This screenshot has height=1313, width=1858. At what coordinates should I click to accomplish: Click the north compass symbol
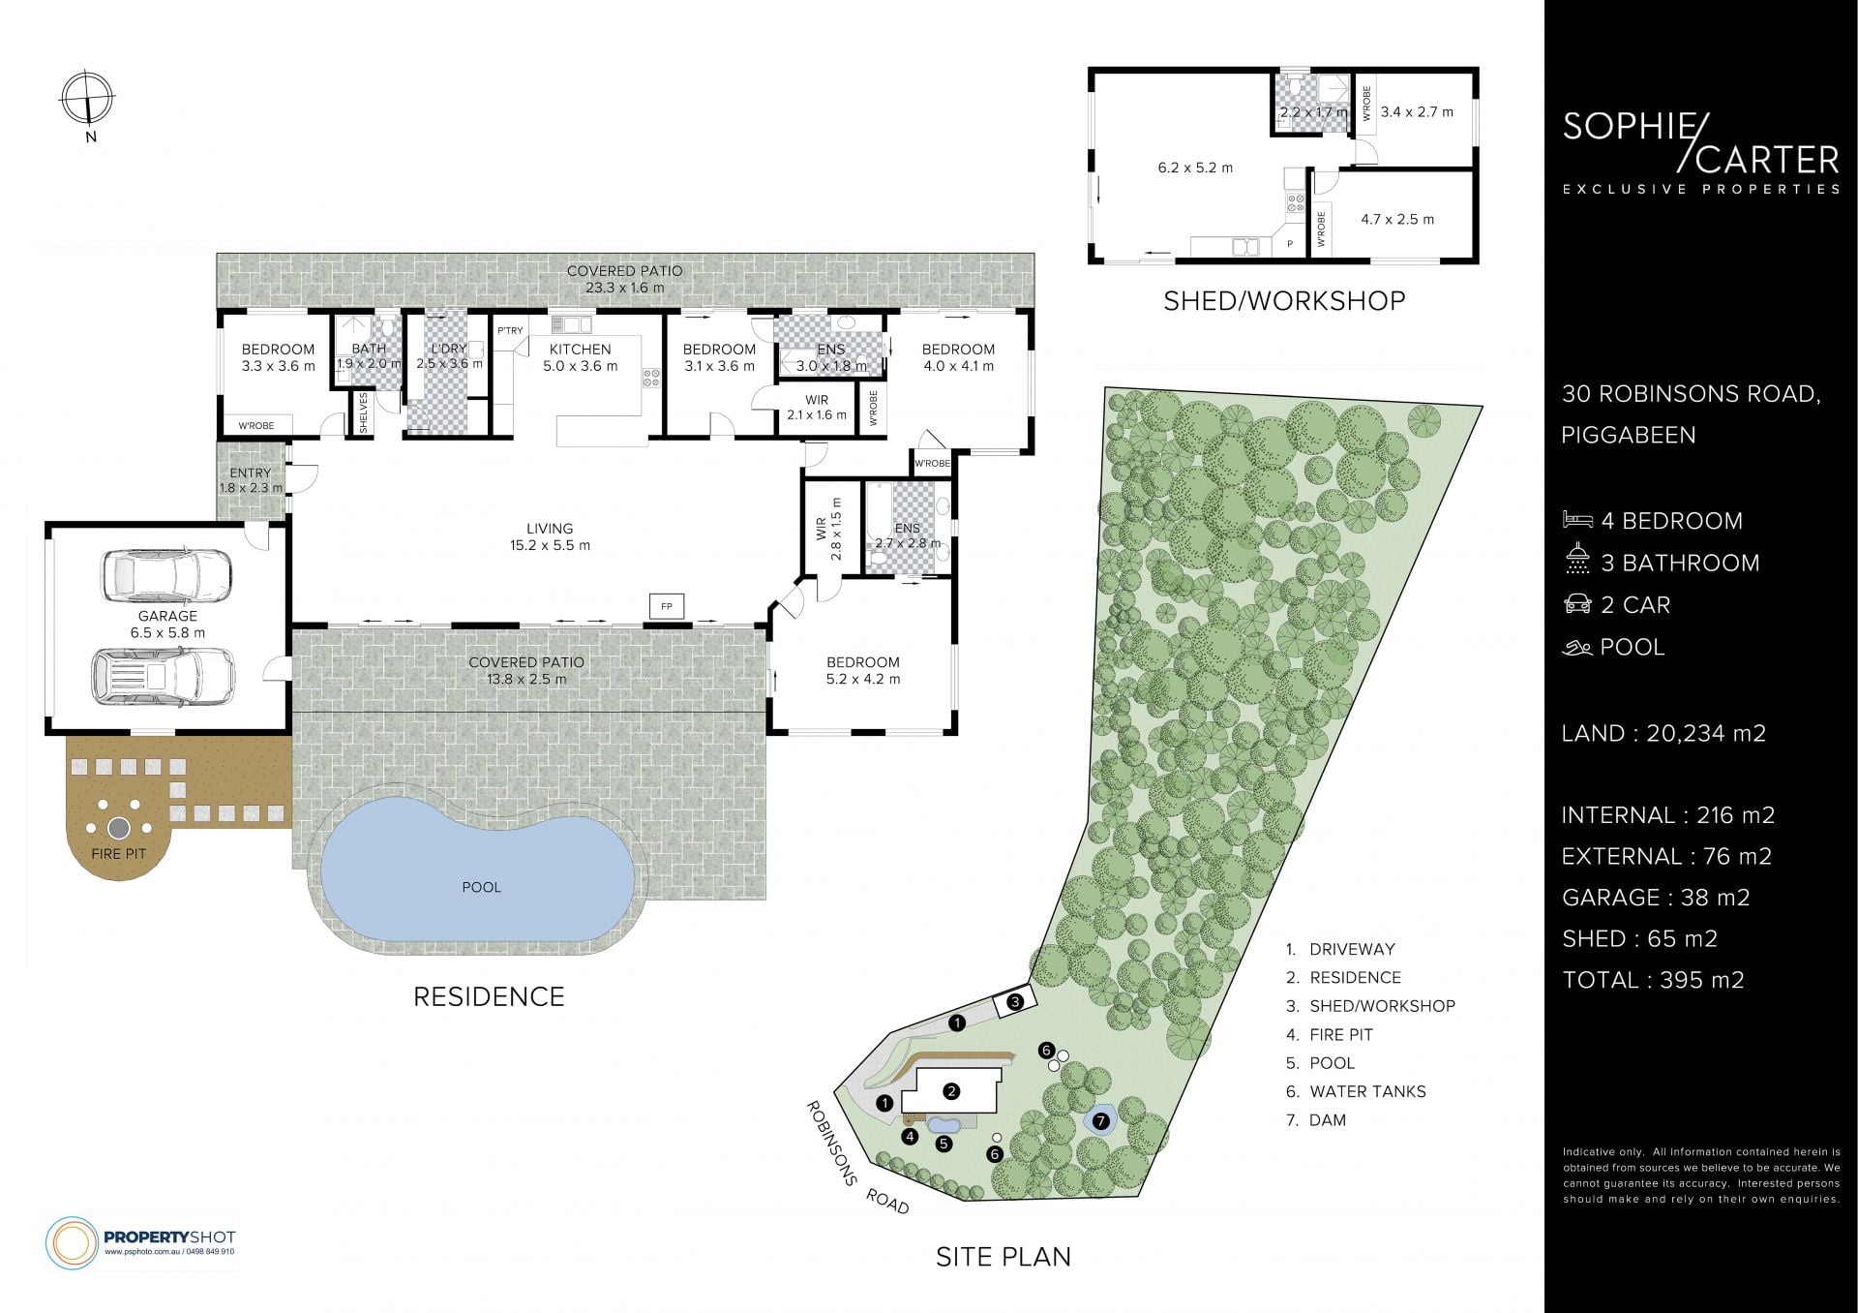point(88,99)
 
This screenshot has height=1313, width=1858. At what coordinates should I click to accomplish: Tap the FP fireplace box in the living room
point(667,606)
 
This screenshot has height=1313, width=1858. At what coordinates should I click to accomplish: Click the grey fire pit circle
point(119,828)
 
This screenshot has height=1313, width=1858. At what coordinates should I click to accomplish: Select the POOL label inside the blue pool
point(482,887)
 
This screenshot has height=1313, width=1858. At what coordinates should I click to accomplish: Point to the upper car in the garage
point(166,575)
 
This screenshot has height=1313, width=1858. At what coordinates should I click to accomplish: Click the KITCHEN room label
point(580,350)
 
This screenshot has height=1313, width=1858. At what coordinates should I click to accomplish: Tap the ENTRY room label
point(251,473)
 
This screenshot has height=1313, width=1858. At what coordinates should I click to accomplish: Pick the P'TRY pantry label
point(510,331)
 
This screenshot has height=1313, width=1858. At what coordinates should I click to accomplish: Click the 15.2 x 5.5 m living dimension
point(551,545)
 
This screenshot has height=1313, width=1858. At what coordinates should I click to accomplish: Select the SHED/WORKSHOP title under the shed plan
point(1284,301)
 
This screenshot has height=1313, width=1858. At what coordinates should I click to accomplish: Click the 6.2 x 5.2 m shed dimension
point(1195,168)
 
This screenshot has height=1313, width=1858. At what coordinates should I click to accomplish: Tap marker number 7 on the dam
point(1100,1121)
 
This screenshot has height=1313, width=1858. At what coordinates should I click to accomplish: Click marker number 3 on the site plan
point(1014,1002)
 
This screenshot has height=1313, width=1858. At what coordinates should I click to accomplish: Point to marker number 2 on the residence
point(951,1091)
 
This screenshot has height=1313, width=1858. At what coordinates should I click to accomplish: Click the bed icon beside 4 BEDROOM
point(1577,520)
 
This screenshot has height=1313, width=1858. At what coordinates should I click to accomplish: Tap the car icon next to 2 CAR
point(1577,604)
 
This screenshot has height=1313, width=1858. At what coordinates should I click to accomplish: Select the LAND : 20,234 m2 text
point(1663,734)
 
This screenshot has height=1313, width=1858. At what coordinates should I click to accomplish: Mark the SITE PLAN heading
point(1004,1257)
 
